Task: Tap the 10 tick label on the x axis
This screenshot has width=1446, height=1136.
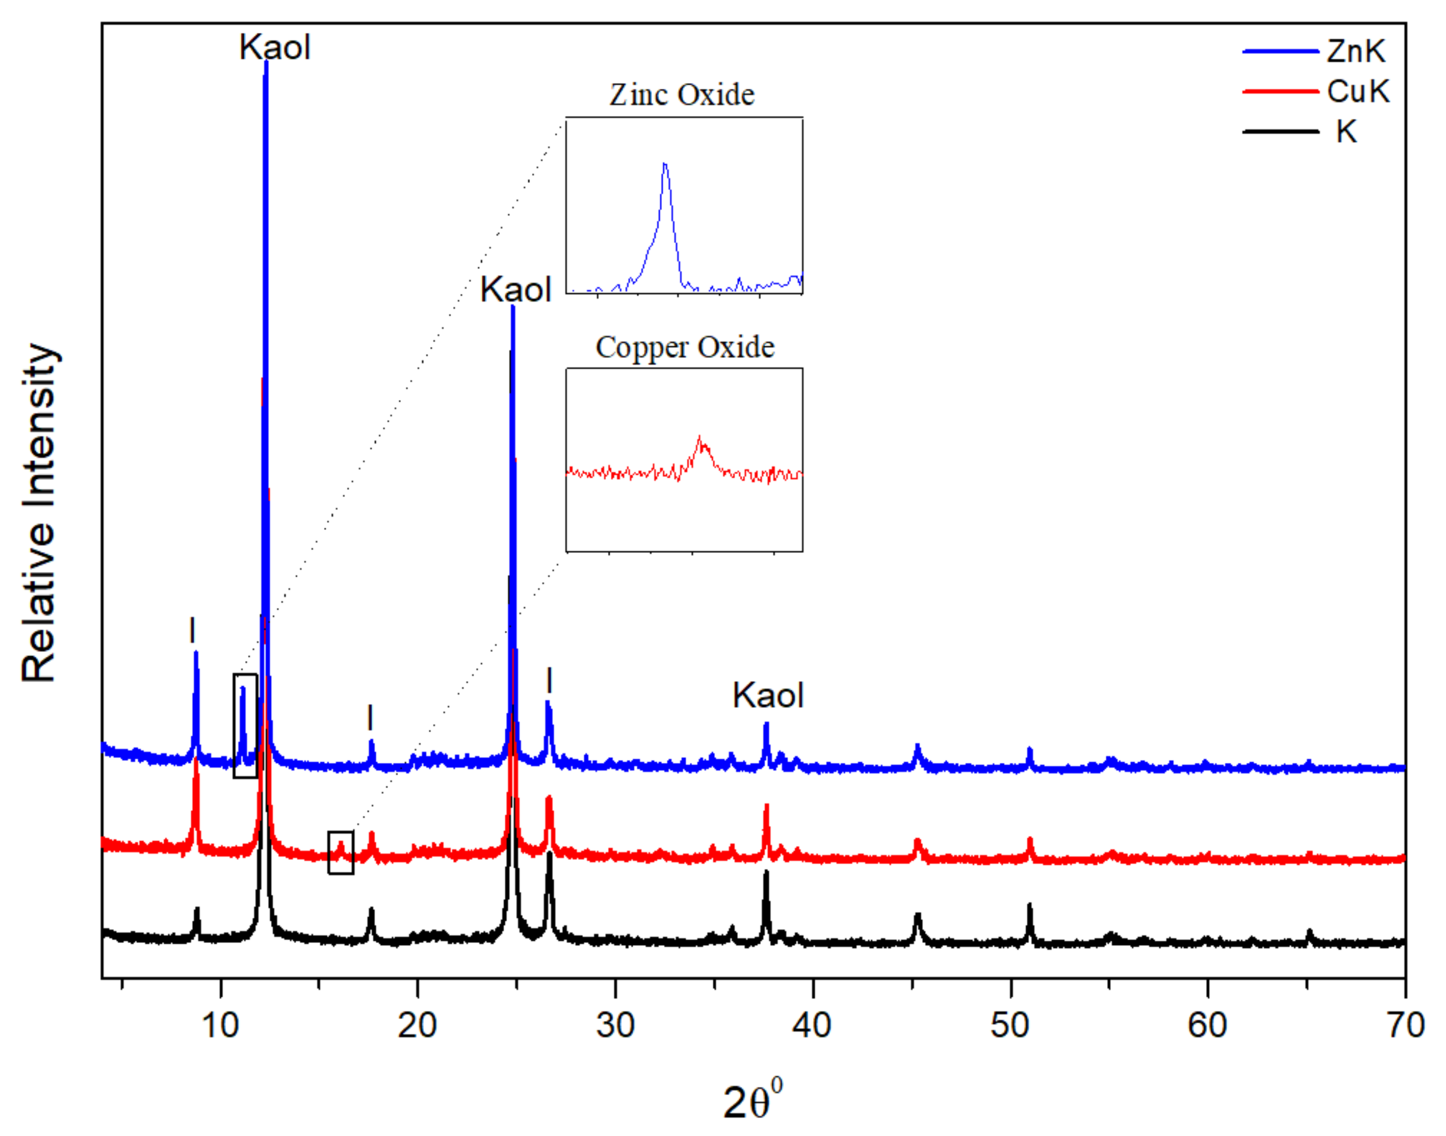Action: click(x=220, y=1025)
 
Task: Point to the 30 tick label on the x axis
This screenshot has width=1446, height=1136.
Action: click(x=615, y=1025)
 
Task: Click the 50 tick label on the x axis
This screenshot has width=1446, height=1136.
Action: click(x=1010, y=1025)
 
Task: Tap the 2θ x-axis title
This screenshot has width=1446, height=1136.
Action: click(x=752, y=1101)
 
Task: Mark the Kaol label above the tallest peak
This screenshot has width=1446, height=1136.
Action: click(x=275, y=48)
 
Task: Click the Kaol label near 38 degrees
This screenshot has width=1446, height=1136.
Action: click(x=768, y=696)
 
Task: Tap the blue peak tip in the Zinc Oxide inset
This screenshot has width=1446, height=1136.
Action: click(x=664, y=164)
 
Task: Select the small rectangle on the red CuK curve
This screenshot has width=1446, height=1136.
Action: click(x=340, y=852)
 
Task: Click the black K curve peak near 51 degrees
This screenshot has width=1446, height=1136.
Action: click(x=1030, y=906)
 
